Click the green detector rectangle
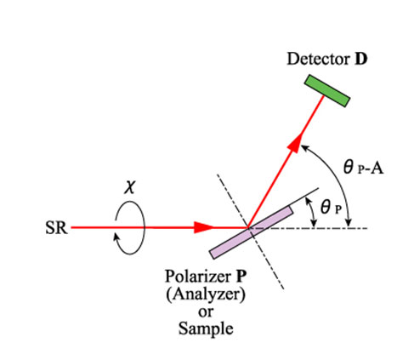tap(327, 91)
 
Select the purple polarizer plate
tap(251, 232)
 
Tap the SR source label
tap(56, 228)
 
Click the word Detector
tap(318, 60)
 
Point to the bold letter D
tap(361, 60)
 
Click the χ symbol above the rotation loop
tap(129, 187)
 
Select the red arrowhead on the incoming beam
tap(203, 227)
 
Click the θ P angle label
tap(331, 207)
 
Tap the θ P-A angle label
tap(363, 167)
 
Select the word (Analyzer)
tap(206, 294)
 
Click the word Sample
tap(206, 329)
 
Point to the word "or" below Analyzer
tap(206, 312)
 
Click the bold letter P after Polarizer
tap(240, 276)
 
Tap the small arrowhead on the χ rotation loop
tap(116, 236)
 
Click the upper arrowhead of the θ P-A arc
tap(303, 147)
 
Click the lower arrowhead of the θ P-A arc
tap(349, 224)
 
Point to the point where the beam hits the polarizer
tap(247, 227)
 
